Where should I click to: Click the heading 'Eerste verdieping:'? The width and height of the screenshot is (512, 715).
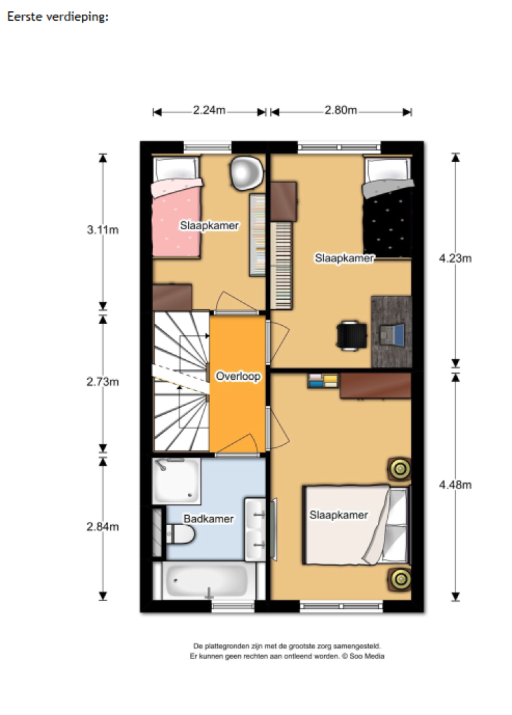(57, 17)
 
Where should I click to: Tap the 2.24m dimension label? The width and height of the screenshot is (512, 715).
(209, 111)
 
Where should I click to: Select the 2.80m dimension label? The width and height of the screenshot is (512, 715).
(341, 111)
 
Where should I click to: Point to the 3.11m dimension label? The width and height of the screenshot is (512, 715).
(102, 231)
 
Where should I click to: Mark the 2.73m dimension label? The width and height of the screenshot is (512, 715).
(102, 381)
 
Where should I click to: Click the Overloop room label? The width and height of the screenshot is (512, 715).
(237, 376)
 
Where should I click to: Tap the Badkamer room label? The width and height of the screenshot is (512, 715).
(209, 518)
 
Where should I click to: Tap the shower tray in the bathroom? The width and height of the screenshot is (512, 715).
(175, 481)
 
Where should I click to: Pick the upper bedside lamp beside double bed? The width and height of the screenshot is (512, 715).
(399, 469)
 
